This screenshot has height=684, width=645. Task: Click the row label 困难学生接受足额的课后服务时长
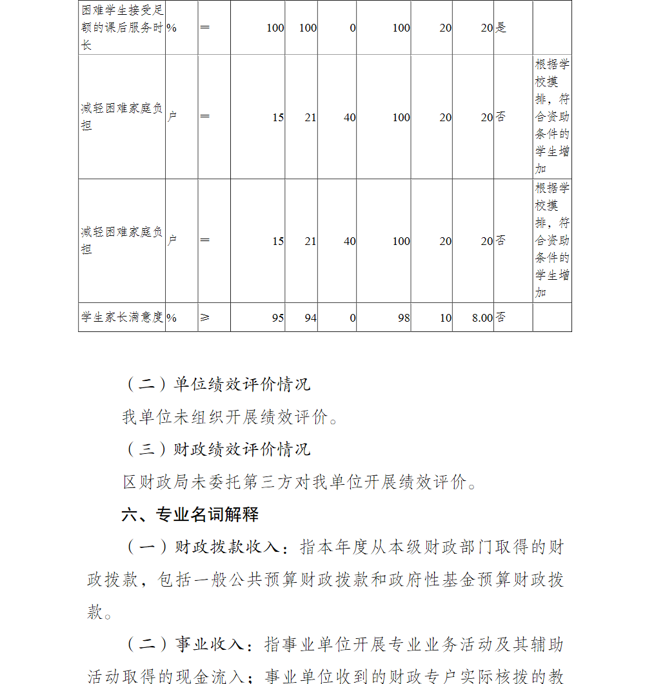122,28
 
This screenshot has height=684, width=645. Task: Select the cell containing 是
501,28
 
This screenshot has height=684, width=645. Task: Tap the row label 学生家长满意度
122,317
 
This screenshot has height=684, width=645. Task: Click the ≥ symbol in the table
205,317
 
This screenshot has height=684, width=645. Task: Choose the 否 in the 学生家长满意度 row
501,317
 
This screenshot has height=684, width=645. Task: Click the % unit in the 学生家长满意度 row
172,318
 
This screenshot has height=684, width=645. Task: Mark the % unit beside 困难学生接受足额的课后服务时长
172,28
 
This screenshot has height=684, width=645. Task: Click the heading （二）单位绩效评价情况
217,385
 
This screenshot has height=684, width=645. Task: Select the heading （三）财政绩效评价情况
217,449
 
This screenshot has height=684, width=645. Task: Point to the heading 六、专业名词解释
190,514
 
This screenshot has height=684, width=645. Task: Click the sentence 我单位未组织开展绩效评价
230,417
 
